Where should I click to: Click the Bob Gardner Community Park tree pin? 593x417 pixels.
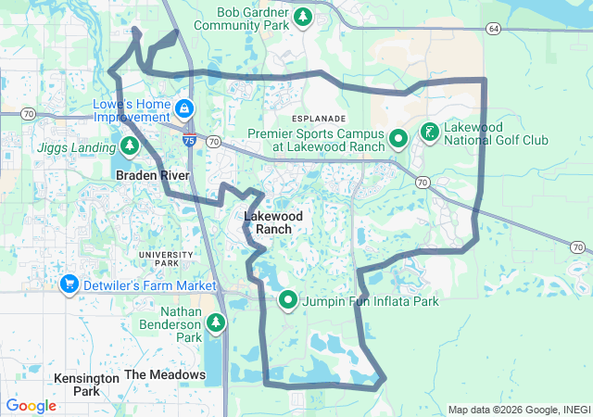(x=303, y=16)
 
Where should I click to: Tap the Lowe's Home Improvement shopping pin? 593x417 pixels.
(x=185, y=108)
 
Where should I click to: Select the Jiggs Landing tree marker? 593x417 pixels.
(x=130, y=146)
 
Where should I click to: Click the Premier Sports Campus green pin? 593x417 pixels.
(x=398, y=139)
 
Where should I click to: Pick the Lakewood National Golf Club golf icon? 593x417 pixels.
(x=429, y=133)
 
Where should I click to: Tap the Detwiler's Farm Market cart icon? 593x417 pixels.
(x=68, y=284)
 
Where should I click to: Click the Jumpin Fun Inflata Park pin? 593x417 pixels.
(x=288, y=300)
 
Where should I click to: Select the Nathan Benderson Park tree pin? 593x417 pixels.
(x=216, y=322)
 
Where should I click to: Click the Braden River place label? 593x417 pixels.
(x=152, y=175)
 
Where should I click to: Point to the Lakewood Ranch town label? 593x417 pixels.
(x=268, y=222)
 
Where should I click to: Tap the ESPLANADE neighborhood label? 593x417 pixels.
(x=318, y=120)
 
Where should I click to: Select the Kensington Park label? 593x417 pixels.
(x=86, y=385)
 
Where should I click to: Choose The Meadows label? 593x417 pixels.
(x=165, y=374)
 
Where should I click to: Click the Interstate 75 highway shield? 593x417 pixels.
(x=189, y=141)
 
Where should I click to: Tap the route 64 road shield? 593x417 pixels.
(x=493, y=29)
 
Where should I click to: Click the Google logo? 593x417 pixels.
(x=31, y=406)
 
